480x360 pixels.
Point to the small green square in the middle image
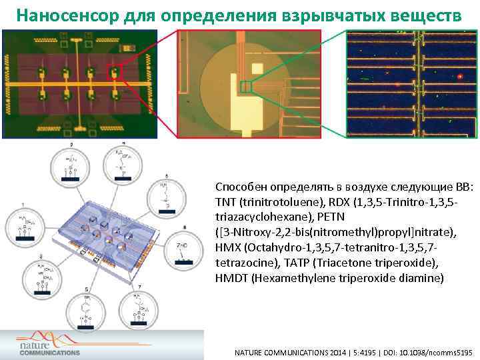pyautogui.click(x=246, y=87)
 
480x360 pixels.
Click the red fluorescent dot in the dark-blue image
pyautogui.click(x=460, y=77)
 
